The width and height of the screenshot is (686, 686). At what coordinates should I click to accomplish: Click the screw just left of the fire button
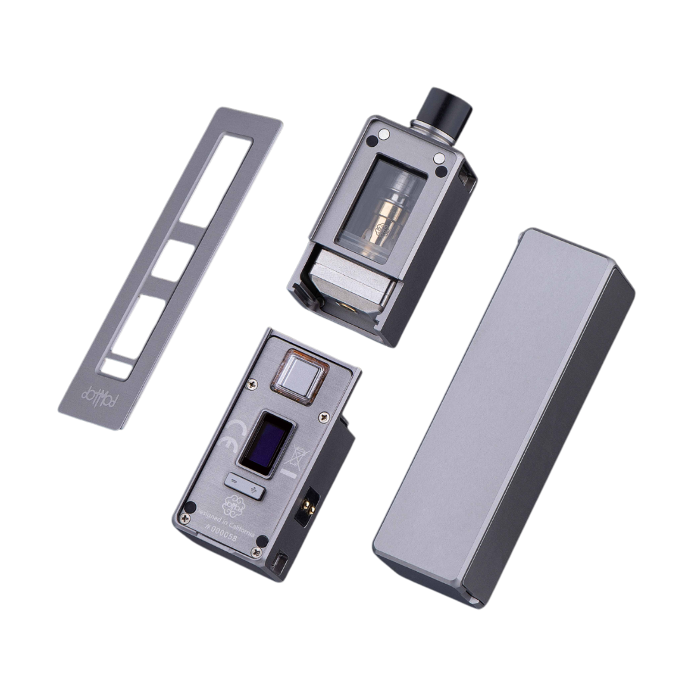click(252, 384)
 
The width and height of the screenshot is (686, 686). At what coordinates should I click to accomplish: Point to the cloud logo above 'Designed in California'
click(233, 505)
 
